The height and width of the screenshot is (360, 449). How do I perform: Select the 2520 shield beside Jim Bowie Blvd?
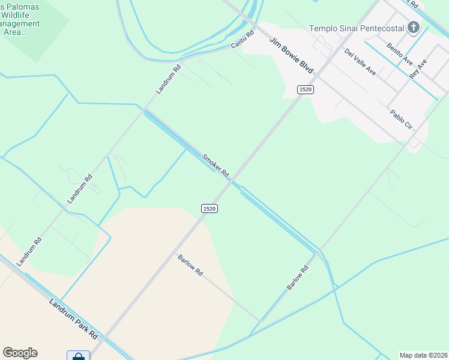(x=306, y=89)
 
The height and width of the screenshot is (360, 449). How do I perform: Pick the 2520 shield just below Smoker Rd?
(x=209, y=208)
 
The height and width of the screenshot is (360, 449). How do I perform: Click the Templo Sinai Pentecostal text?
(x=355, y=28)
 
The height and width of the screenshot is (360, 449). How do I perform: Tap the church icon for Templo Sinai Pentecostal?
(x=413, y=27)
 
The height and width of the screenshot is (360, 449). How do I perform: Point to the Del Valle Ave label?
(x=360, y=62)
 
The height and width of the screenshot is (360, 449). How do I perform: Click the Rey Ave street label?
(x=418, y=70)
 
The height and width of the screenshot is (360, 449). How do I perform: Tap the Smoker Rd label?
(x=215, y=165)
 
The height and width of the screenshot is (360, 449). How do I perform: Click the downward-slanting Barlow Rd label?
(x=190, y=265)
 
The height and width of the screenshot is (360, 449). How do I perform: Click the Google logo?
(x=20, y=353)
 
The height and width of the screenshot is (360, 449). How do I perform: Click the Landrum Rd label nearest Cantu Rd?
(x=168, y=79)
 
